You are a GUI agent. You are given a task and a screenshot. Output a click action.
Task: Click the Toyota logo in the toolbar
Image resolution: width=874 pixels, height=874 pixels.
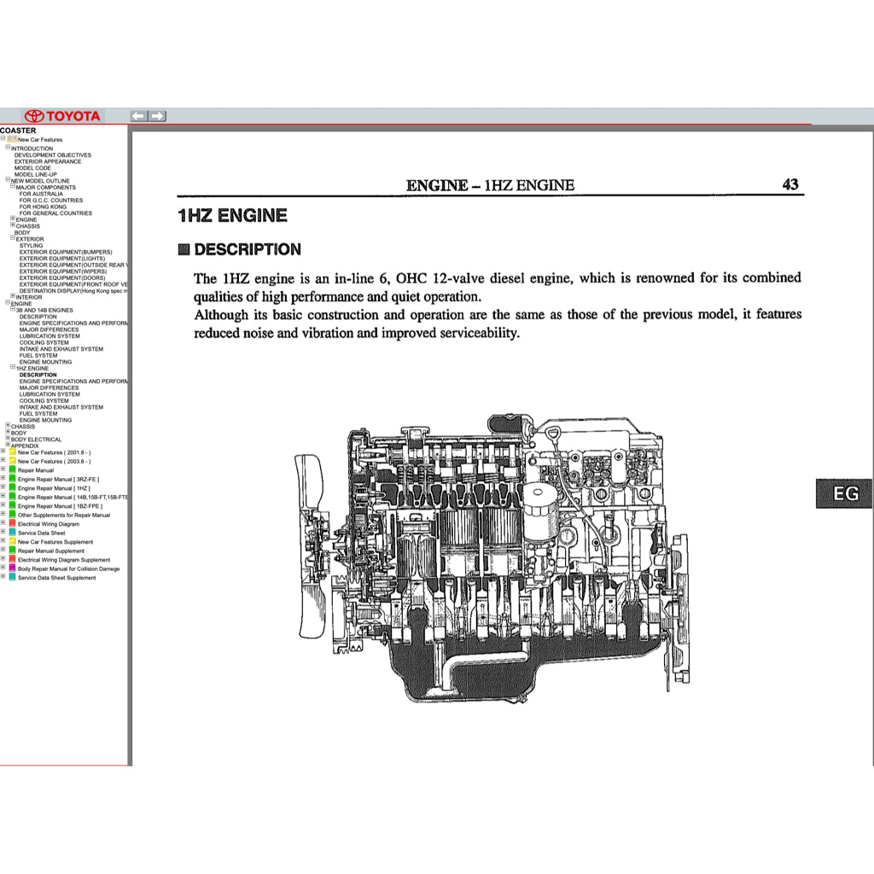(62, 116)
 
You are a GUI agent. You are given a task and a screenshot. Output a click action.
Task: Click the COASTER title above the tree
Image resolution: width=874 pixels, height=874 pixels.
(18, 131)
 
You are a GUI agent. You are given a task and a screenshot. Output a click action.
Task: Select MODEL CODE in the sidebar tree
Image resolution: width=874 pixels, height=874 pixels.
(32, 168)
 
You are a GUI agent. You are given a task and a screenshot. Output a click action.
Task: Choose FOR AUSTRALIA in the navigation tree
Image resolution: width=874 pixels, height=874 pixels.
(41, 194)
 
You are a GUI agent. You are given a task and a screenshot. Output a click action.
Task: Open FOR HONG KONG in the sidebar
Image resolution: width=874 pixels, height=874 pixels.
(43, 207)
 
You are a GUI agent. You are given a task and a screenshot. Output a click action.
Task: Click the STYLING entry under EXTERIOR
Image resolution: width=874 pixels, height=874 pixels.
(31, 246)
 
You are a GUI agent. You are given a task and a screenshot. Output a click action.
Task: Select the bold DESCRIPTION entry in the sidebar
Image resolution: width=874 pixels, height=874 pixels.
(38, 375)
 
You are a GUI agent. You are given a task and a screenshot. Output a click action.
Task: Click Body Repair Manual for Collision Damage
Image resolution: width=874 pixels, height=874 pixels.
(69, 568)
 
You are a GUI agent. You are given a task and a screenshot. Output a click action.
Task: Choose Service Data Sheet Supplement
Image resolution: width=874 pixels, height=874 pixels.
(57, 578)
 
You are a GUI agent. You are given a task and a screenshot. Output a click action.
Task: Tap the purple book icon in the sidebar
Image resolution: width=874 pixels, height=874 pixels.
(12, 568)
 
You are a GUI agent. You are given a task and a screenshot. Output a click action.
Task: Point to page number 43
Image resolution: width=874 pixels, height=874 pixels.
(790, 184)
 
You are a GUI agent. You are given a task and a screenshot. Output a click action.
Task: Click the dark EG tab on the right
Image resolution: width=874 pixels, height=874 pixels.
(844, 493)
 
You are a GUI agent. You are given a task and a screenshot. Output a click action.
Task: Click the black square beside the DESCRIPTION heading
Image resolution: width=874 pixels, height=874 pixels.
(184, 250)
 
